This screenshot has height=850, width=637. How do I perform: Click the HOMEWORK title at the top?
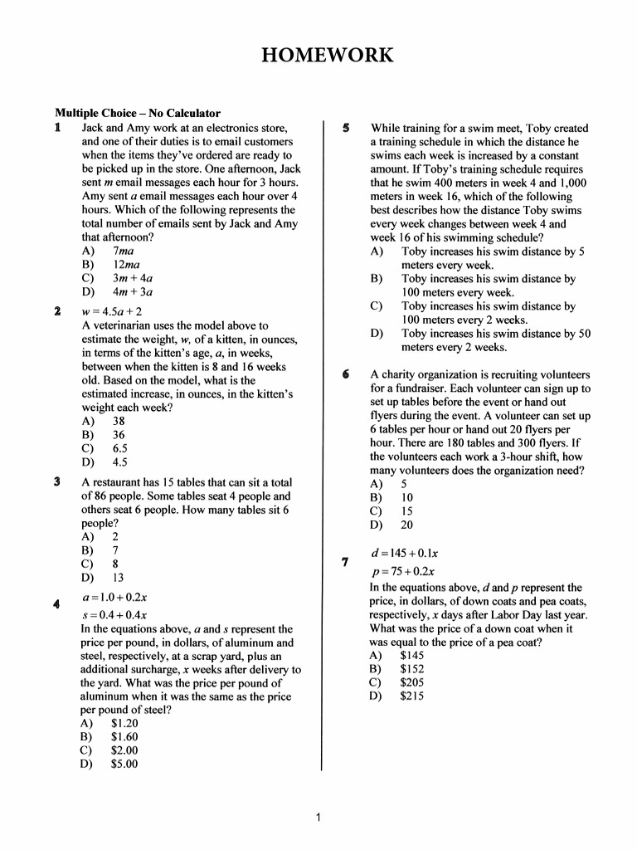pos(326,56)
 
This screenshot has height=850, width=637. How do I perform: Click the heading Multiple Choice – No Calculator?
pos(138,113)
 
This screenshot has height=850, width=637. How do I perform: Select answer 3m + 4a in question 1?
pos(132,278)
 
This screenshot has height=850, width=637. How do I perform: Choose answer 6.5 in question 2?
pos(119,448)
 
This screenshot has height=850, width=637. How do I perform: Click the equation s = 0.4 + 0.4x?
pos(114,615)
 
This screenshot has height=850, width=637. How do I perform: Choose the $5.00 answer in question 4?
pos(124,765)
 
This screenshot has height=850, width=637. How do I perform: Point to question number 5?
pos(347,129)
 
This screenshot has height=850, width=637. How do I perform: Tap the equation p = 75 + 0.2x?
pos(402,571)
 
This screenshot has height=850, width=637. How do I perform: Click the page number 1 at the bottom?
pos(318,818)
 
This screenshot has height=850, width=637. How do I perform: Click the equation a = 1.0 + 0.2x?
pos(114,597)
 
